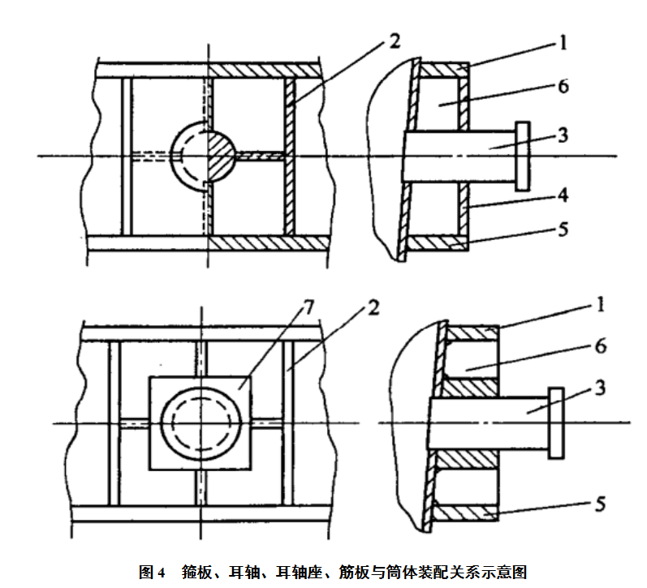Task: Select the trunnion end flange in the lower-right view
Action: click(556, 422)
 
